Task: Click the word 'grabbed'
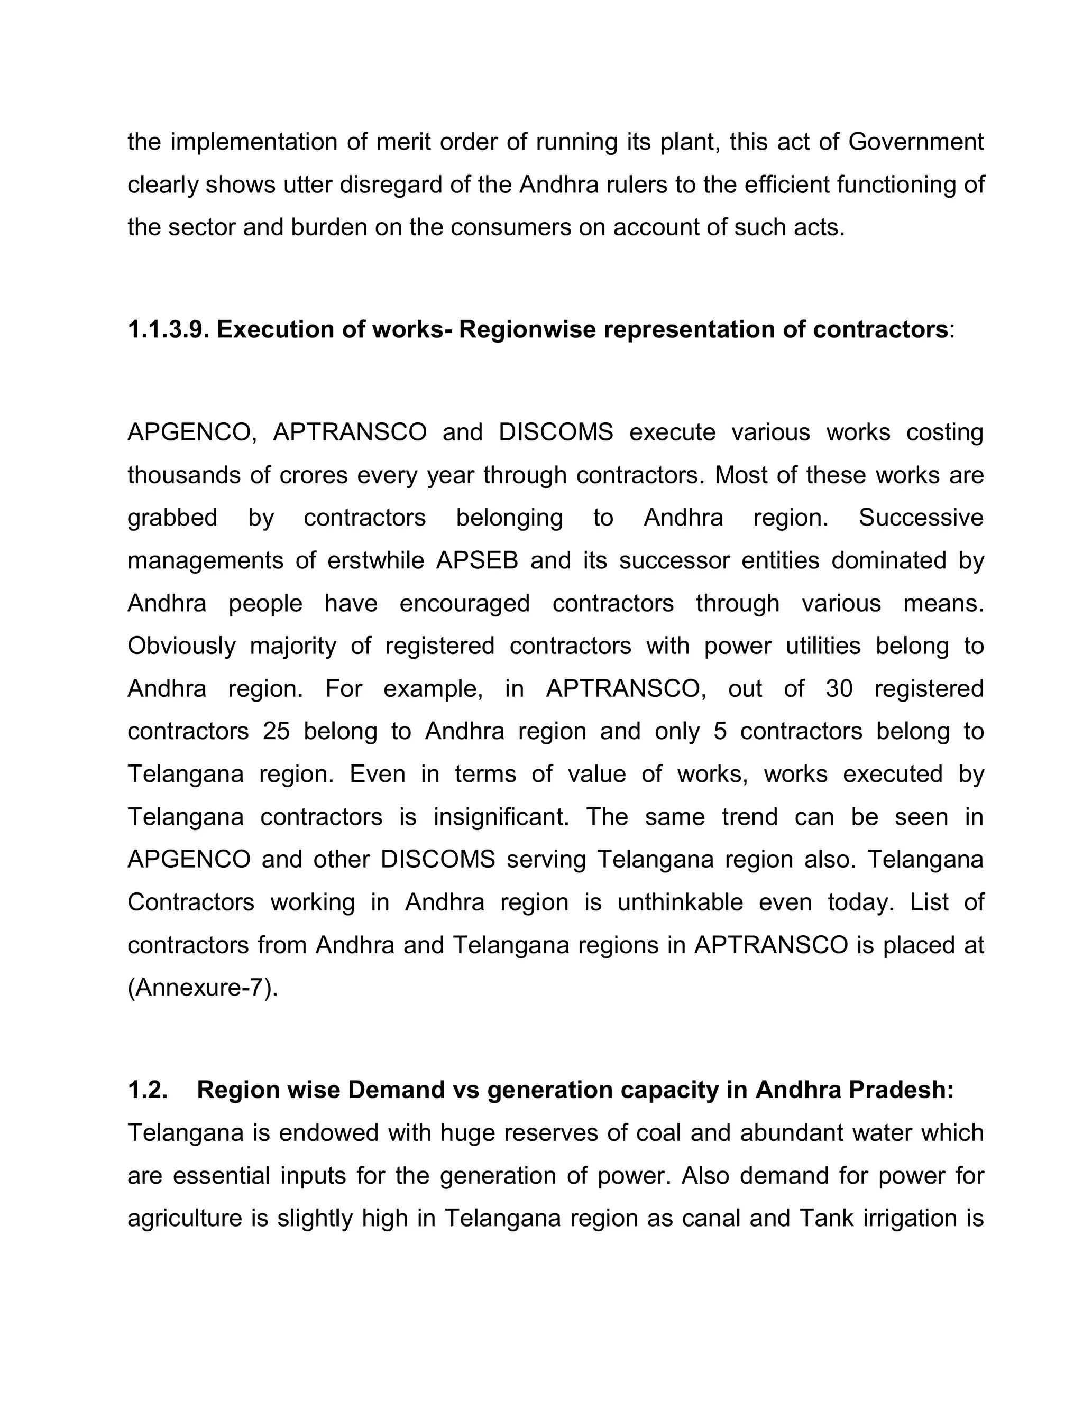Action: [x=172, y=518]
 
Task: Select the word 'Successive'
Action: [x=921, y=518]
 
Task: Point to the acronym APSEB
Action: [x=476, y=560]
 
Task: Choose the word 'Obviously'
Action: [x=181, y=646]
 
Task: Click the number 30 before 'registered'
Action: [x=839, y=689]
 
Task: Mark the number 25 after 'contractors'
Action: [x=277, y=731]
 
